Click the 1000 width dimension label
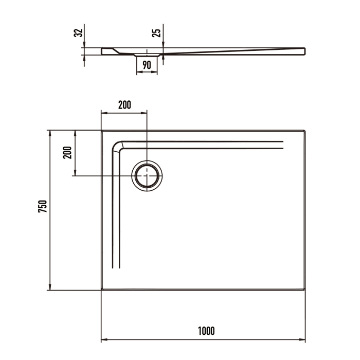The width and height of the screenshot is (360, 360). click(206, 331)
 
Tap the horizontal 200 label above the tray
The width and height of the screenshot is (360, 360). click(124, 105)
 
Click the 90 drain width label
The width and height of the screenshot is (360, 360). click(147, 65)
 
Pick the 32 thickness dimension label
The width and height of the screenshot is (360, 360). click(78, 32)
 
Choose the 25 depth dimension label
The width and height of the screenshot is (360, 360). click(157, 32)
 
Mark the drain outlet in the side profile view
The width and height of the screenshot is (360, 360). click(147, 54)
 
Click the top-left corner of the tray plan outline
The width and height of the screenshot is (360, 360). click(102, 131)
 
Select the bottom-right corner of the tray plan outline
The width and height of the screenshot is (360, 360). click(305, 290)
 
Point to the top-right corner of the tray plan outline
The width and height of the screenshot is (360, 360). click(305, 131)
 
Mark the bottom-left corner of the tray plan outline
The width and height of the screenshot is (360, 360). click(102, 290)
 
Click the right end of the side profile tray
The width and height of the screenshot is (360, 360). click(304, 50)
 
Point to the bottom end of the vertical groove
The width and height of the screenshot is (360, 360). click(116, 268)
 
